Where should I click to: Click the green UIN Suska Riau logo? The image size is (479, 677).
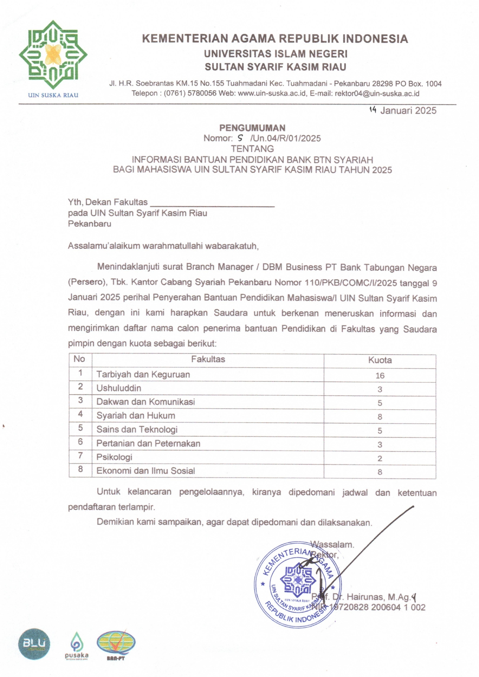point(53,55)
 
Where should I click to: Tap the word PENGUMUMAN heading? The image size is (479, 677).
point(252,128)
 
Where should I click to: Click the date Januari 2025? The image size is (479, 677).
point(408,110)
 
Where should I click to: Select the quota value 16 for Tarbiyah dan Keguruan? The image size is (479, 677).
point(380,376)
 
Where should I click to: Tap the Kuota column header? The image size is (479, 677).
point(380,360)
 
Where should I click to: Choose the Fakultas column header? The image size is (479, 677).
point(208,359)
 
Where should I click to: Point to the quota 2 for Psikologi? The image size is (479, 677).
point(380,458)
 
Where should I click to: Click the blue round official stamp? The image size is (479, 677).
point(298,585)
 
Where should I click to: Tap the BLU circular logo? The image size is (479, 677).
point(34,644)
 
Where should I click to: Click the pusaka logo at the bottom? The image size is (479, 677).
point(76,645)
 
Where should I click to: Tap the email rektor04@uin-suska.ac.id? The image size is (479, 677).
point(377,94)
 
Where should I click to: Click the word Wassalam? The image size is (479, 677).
point(332,545)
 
